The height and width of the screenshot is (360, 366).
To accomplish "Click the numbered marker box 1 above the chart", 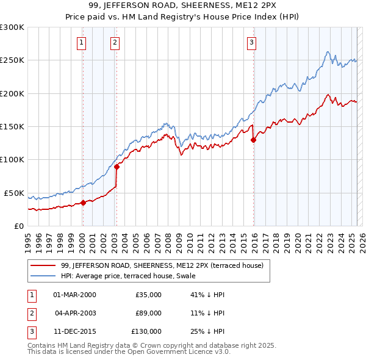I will click(81, 42).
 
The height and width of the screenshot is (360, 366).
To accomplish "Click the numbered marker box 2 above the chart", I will click(115, 42).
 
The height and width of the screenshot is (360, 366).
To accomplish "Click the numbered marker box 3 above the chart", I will click(251, 42).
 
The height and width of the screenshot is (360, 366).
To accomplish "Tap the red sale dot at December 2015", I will click(253, 140).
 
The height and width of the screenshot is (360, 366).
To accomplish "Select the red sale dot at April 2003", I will click(117, 167).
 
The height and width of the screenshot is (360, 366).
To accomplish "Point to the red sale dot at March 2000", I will click(83, 203).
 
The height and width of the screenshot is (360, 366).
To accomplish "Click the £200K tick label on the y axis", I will click(12, 93).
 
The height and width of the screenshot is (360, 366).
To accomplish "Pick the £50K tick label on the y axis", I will click(14, 193).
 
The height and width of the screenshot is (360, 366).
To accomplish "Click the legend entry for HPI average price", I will click(128, 276).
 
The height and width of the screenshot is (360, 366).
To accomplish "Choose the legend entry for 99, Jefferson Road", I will click(162, 265).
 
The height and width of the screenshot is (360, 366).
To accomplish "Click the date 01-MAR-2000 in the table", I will click(74, 295).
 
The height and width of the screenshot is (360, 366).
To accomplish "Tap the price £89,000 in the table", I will click(148, 313).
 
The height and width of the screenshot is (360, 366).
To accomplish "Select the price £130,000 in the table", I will click(146, 331).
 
